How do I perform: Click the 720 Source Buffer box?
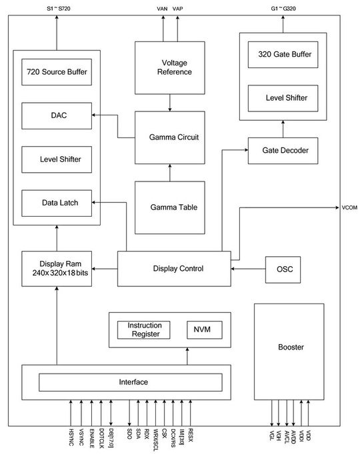[57, 71]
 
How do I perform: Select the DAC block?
[57, 115]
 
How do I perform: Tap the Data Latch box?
[57, 203]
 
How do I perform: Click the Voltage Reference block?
[169, 67]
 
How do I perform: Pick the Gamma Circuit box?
[169, 137]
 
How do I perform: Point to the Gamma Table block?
[169, 207]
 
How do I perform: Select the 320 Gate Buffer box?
[282, 55]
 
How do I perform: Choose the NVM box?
[203, 330]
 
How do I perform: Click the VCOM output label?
[349, 208]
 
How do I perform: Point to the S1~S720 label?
[57, 7]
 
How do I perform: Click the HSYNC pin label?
[71, 437]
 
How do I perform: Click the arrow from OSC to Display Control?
[248, 269]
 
